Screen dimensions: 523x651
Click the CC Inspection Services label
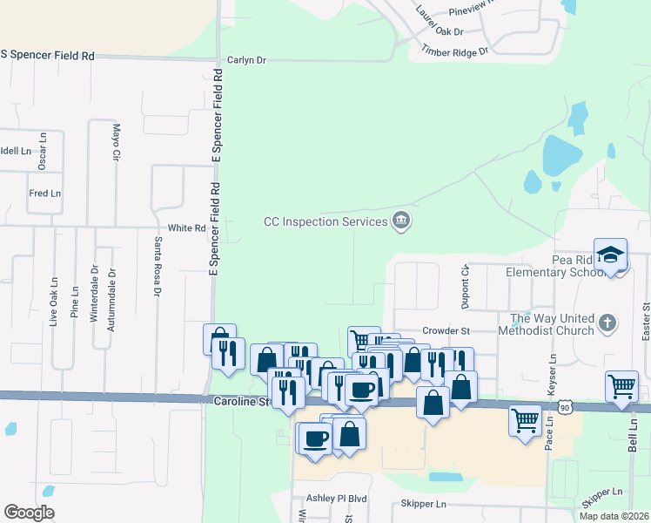(x=325, y=221)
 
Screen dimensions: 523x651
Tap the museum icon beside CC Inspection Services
(x=400, y=221)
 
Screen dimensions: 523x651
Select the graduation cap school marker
(x=611, y=255)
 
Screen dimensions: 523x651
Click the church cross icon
(x=607, y=324)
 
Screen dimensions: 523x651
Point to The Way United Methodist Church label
(x=551, y=324)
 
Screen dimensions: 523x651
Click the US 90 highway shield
(x=566, y=408)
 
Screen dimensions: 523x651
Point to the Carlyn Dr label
(x=246, y=60)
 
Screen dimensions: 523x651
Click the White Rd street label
(x=186, y=228)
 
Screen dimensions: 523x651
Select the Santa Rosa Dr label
(x=158, y=267)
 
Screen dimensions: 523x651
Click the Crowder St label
(x=446, y=331)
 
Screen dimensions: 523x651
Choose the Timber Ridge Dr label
(x=455, y=51)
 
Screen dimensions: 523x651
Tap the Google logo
(x=29, y=513)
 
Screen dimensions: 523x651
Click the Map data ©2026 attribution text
(x=614, y=516)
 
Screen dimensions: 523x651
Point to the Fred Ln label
(x=45, y=193)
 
